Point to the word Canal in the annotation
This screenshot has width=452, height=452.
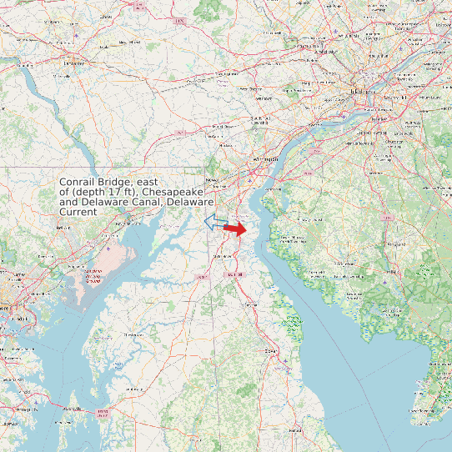pyautogui.click(x=146, y=202)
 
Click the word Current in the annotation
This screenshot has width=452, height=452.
pyautogui.click(x=78, y=212)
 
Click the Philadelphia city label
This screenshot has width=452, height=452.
pyautogui.click(x=362, y=92)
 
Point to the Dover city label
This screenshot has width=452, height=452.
pyautogui.click(x=270, y=351)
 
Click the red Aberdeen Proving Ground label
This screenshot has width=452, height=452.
pyautogui.click(x=93, y=275)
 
